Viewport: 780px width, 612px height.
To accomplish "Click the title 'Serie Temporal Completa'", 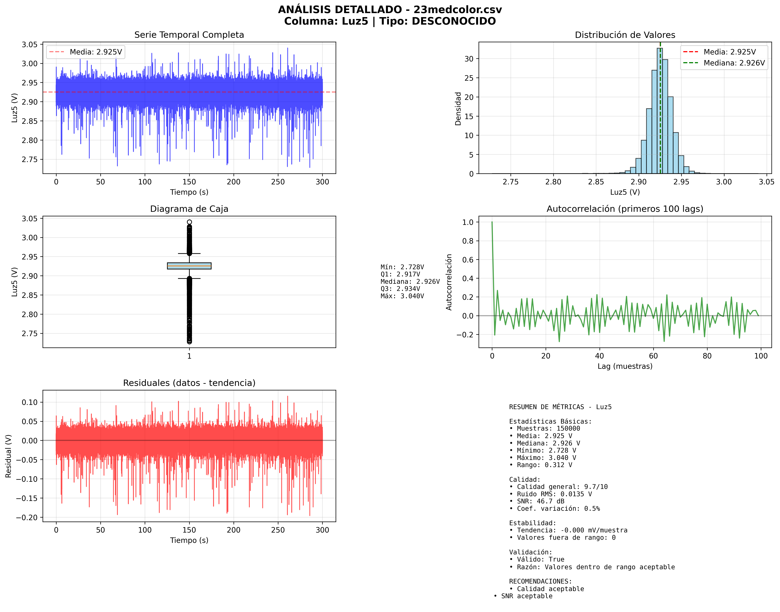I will click(x=189, y=35).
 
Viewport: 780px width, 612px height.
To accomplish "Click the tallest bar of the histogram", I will click(x=659, y=111).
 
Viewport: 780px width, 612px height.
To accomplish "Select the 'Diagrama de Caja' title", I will click(x=189, y=209).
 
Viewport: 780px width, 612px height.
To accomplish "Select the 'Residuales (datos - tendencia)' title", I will click(x=189, y=383).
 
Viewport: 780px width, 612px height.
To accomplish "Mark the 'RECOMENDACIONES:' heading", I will click(x=540, y=581).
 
